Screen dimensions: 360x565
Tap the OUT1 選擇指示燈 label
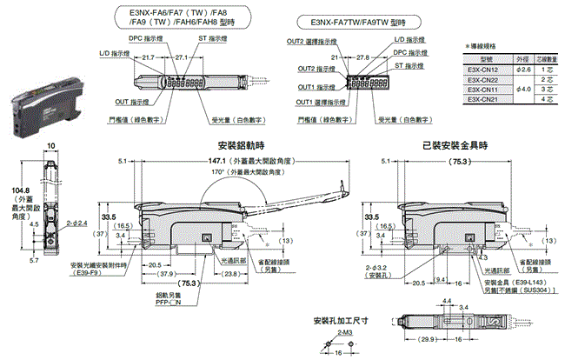coord(316,101)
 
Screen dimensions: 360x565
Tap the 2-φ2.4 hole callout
coord(72,223)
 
